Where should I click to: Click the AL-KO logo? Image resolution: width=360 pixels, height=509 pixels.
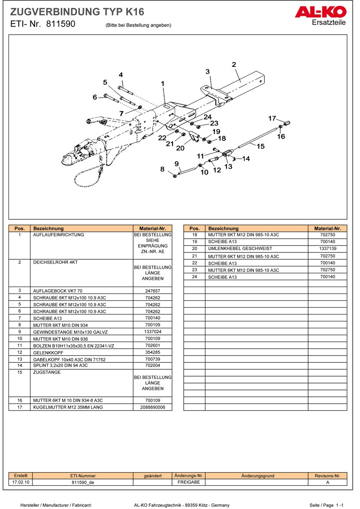(x=320, y=12)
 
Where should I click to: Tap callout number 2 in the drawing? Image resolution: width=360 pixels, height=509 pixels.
(x=234, y=65)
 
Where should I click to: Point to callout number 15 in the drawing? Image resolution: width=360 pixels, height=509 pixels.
(x=261, y=146)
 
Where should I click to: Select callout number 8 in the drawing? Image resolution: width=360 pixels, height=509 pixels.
(x=162, y=169)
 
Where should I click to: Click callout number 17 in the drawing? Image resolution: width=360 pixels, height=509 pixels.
(x=272, y=118)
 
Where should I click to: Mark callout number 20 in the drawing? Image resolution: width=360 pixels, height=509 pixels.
(x=180, y=148)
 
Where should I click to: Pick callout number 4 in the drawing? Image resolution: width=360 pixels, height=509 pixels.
(x=121, y=75)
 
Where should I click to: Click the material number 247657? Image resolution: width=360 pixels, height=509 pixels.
(x=153, y=290)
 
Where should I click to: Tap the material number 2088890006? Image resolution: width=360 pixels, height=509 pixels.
(x=153, y=407)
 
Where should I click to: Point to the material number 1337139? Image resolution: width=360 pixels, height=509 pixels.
(x=327, y=249)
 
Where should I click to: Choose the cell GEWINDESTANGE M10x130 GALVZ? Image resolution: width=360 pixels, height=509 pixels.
(x=71, y=332)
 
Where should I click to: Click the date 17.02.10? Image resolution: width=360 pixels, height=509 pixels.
(x=21, y=482)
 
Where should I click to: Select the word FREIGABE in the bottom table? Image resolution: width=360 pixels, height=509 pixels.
(x=189, y=482)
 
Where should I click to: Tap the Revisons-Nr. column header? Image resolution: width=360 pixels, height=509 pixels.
(x=327, y=476)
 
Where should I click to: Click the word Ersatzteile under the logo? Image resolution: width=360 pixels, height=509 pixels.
(x=329, y=22)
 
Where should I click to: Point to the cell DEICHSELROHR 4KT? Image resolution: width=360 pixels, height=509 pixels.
(x=55, y=262)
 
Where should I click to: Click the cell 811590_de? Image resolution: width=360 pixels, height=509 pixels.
(x=83, y=482)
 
